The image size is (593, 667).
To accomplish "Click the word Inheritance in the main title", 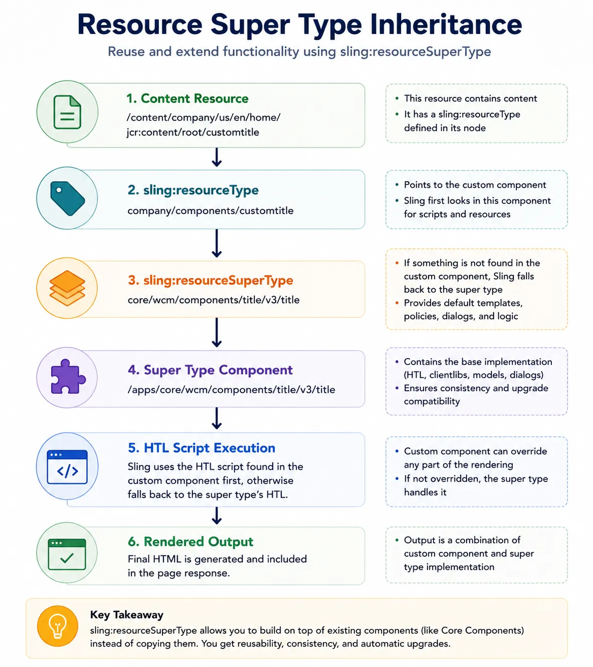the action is point(446,25).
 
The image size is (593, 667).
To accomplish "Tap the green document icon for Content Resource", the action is point(67,112).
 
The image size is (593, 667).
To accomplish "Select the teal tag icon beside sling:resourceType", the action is point(68,198).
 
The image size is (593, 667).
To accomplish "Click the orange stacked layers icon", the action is point(67,288).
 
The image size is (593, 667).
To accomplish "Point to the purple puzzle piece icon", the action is point(68,376).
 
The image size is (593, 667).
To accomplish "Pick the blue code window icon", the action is point(67,466).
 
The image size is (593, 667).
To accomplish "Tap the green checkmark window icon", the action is point(67,554).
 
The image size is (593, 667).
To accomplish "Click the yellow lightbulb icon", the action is point(58,626).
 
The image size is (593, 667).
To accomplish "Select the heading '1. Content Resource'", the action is point(187,98).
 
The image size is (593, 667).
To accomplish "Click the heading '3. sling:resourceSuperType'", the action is point(211,280).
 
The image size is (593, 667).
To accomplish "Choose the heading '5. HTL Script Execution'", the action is point(202,448).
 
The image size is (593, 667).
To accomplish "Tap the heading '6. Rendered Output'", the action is point(190,542).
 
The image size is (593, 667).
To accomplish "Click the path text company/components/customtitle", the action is point(211,211).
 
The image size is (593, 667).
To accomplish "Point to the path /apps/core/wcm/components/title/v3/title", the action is point(232,390).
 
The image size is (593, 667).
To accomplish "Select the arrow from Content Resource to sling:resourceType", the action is point(217,157).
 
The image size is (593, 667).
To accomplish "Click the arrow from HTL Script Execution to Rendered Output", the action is point(217,516).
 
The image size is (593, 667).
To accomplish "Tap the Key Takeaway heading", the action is point(127,615).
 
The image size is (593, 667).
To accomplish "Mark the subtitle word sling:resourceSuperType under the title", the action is point(415,52).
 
